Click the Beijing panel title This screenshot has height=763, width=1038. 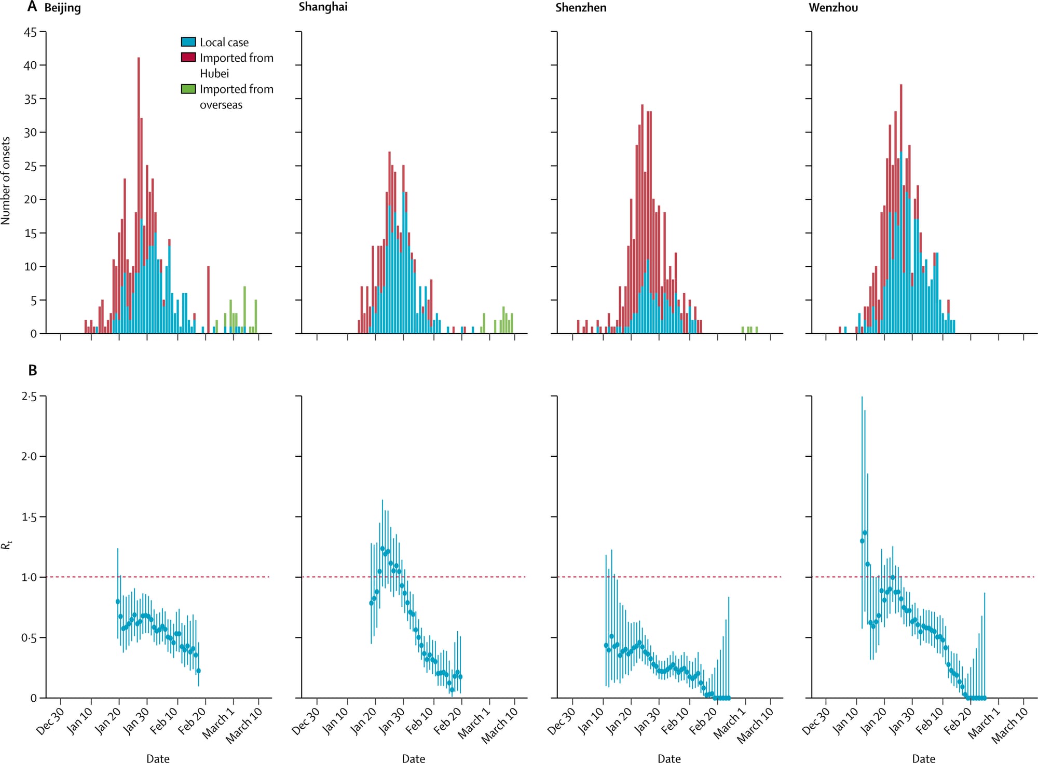point(62,8)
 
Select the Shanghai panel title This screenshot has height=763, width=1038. point(323,7)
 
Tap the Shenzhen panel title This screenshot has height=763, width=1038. point(581,8)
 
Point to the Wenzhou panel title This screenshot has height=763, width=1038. point(833,8)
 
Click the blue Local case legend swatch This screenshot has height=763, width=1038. point(188,42)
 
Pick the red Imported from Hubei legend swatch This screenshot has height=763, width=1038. point(188,58)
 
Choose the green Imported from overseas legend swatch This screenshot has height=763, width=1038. point(188,89)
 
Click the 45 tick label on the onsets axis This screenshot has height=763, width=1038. point(31,32)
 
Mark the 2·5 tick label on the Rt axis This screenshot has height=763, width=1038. point(29,397)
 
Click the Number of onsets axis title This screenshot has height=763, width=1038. point(6,181)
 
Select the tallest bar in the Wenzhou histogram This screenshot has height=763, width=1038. point(901,208)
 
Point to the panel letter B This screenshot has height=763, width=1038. point(33,371)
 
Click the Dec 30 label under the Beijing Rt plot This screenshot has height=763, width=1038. point(50,721)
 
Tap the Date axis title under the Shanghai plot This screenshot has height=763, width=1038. point(414,758)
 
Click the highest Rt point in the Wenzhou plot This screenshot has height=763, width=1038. point(865,533)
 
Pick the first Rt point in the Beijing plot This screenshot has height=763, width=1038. point(118,602)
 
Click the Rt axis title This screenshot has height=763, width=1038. point(6,545)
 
